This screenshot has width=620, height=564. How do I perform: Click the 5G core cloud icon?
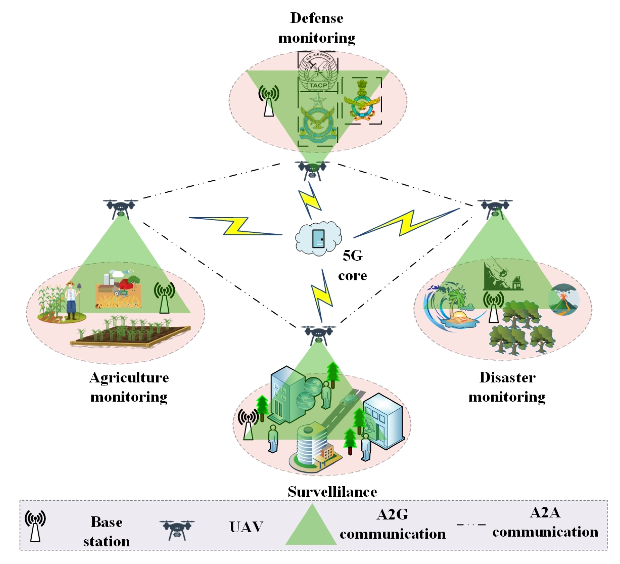(318, 239)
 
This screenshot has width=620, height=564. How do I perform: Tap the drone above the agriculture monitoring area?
(120, 208)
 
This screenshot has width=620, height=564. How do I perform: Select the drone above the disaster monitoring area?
(495, 208)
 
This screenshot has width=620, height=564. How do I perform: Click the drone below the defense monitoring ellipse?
(312, 170)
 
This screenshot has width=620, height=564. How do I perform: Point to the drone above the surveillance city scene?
(319, 334)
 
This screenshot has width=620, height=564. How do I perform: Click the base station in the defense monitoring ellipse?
(269, 101)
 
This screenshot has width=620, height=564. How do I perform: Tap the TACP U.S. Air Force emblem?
(318, 72)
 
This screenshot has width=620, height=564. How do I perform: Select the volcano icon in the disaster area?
(564, 299)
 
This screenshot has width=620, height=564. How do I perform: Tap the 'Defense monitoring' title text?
(317, 28)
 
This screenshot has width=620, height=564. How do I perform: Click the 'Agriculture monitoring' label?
(129, 387)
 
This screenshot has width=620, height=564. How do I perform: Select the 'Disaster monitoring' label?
(507, 387)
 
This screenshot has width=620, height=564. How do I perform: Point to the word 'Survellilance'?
(332, 492)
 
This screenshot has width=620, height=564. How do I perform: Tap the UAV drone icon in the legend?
(177, 529)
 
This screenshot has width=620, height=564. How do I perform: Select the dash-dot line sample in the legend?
(471, 525)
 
